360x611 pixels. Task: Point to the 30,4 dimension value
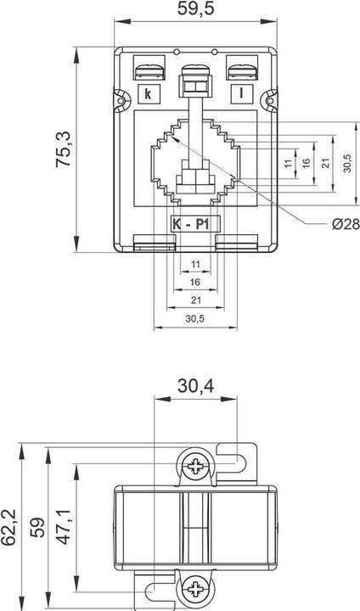point(196,387)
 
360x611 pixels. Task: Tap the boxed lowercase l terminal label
point(242,93)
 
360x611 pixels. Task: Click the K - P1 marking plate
point(194,224)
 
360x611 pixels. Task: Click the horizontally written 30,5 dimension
point(194,318)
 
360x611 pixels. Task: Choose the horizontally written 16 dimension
point(194,281)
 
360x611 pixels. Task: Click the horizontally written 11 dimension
point(194,264)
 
